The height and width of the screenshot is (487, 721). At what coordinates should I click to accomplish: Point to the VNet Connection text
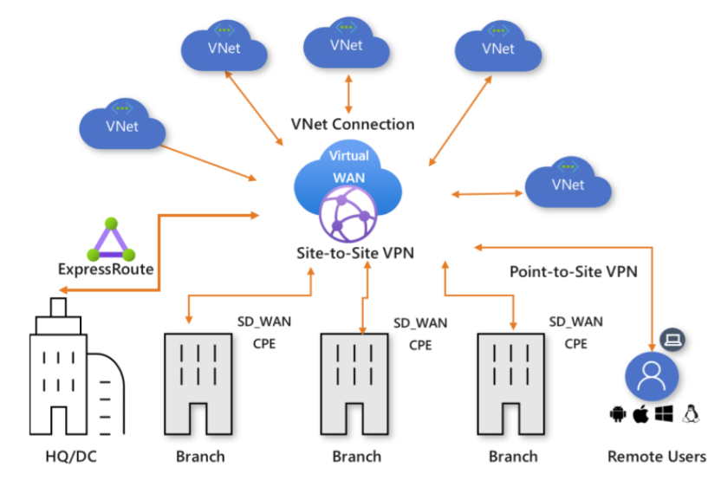tap(352, 124)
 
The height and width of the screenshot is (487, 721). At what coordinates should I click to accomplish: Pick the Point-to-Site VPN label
tap(573, 271)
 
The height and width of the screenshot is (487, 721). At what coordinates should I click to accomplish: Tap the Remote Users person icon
tap(651, 378)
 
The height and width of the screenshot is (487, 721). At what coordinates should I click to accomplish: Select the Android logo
tap(618, 414)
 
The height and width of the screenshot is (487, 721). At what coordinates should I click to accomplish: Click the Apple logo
tap(642, 413)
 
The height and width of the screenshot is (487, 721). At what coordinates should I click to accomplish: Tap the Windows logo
tap(665, 414)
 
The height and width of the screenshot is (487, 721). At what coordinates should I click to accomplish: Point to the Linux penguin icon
tap(691, 414)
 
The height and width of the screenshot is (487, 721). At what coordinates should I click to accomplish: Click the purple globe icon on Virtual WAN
tap(347, 215)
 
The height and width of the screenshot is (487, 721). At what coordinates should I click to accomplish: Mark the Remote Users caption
tap(656, 456)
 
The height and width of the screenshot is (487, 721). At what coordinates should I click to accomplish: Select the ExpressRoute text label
tap(106, 269)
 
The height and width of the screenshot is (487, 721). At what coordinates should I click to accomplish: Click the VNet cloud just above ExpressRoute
tap(122, 127)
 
